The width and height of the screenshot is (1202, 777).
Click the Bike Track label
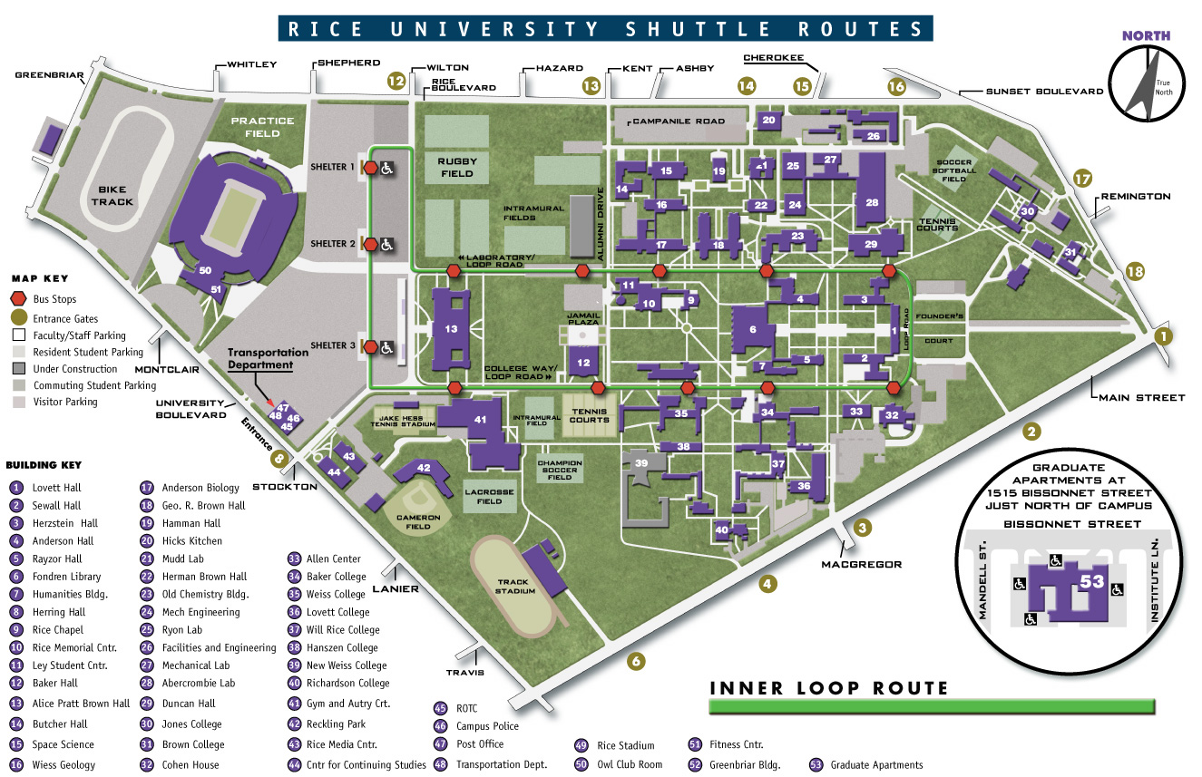coord(112,195)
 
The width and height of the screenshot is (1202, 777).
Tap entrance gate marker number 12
coord(396,80)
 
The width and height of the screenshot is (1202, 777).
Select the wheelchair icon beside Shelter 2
coord(386,244)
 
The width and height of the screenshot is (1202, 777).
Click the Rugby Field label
coord(456,167)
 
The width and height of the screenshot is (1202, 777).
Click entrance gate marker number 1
coord(1164,336)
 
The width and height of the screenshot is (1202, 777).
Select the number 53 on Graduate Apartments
coord(1092,582)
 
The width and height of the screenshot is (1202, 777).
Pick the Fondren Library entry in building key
coord(66,577)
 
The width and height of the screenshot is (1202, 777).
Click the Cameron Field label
coord(418,518)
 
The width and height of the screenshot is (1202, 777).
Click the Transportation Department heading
coord(260,358)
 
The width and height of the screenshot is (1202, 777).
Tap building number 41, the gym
coord(480,419)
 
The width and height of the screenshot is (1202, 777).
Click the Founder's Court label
coord(940,328)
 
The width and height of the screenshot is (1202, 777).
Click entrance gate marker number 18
coord(1134,271)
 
